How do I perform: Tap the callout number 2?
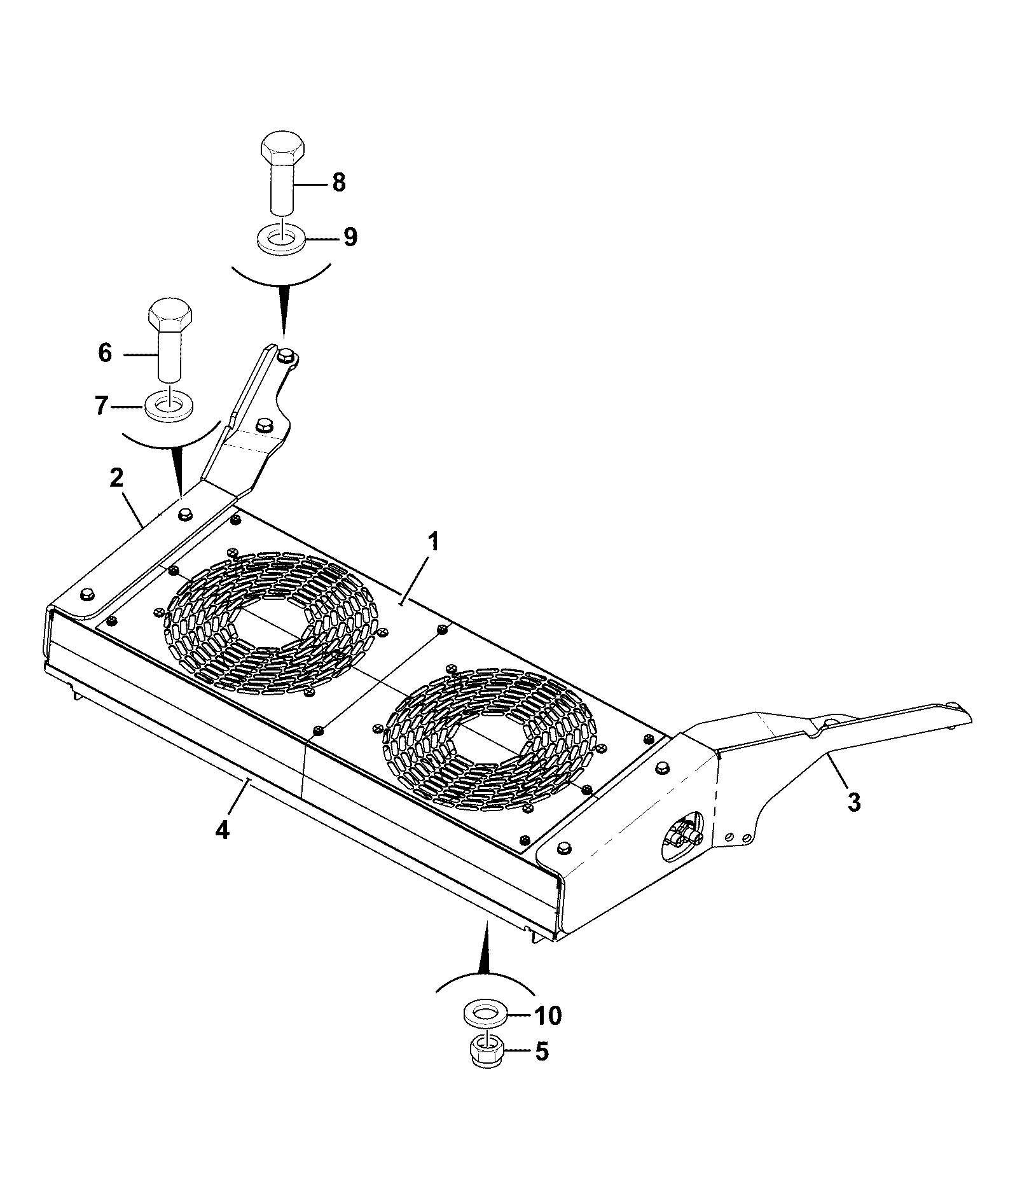pos(116,478)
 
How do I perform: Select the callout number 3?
pos(854,802)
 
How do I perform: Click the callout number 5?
pos(541,1052)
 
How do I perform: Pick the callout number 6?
pos(105,352)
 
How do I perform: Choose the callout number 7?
pos(101,405)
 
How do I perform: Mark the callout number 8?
pos(339,183)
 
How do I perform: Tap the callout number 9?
pos(350,237)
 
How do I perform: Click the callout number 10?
pos(548,1016)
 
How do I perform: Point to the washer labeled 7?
pos(170,405)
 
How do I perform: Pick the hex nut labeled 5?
pos(488,1052)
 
